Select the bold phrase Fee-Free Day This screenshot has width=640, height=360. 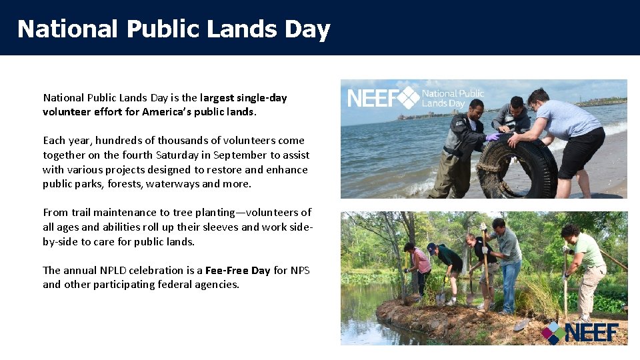pos(237,270)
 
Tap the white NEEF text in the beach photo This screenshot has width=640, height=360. pos(372,99)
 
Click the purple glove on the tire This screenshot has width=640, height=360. pos(493,137)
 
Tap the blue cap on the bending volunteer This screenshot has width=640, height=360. pos(432,249)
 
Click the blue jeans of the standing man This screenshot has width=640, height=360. pos(510,283)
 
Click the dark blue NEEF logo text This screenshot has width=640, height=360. pos(592,332)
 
